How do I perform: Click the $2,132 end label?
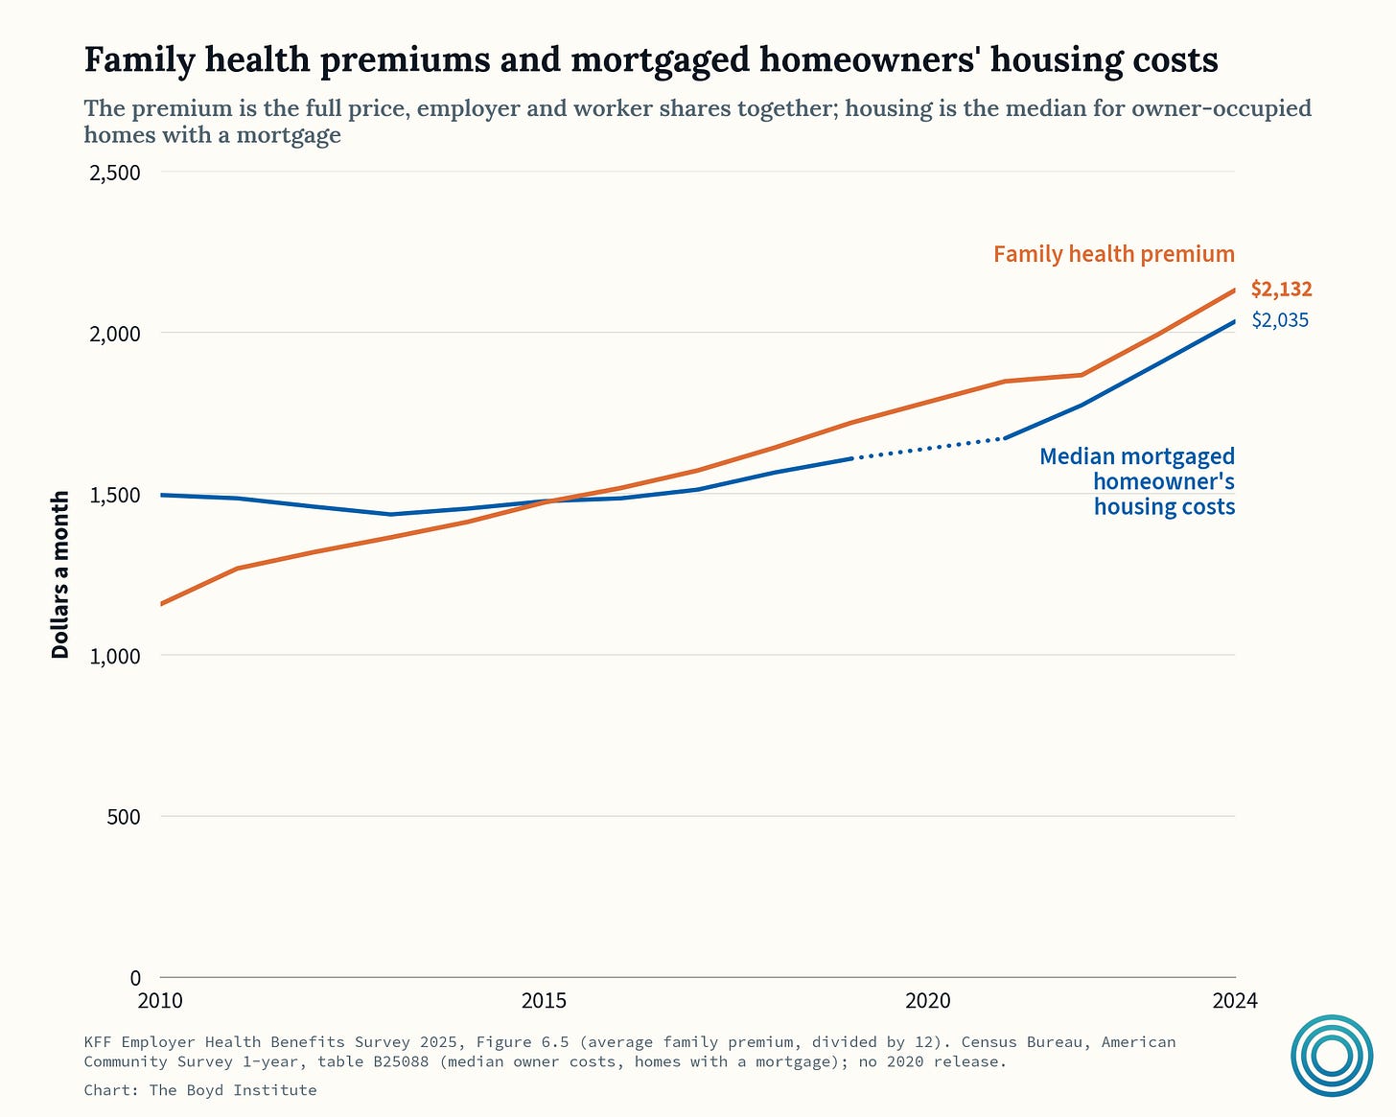[x=1281, y=290]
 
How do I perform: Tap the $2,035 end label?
[x=1280, y=320]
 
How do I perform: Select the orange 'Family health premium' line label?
[x=1114, y=254]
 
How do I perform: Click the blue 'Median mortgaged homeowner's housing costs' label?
[x=1137, y=481]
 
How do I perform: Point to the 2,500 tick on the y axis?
[x=115, y=174]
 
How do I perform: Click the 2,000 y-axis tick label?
[x=115, y=334]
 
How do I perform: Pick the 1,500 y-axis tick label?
[x=115, y=496]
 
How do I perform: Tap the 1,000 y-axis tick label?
[x=115, y=657]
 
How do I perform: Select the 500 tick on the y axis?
[x=124, y=817]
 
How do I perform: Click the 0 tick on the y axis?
[x=135, y=978]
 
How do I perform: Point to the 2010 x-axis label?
[x=160, y=1001]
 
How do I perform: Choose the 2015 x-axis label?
[x=544, y=1001]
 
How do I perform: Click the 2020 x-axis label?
[x=928, y=1001]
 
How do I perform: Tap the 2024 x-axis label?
[x=1235, y=1001]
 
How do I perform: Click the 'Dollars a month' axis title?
[x=59, y=574]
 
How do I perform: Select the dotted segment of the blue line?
[x=928, y=449]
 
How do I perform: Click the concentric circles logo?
[x=1332, y=1056]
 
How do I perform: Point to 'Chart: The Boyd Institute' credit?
[x=200, y=1090]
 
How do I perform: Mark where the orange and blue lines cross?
[x=551, y=500]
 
